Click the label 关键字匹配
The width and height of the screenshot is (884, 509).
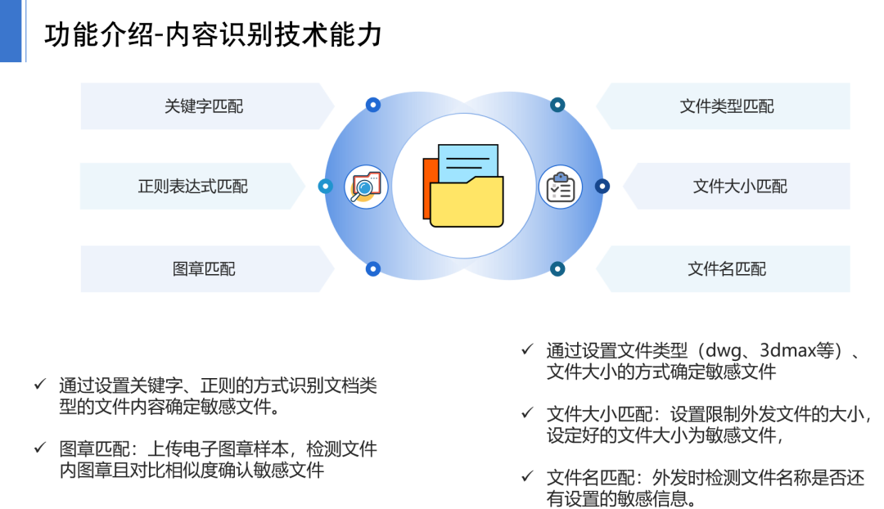[x=204, y=106]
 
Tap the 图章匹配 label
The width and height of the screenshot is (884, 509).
[x=204, y=268]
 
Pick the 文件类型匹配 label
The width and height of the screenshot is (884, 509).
[x=727, y=106]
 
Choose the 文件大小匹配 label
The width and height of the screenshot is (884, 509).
[x=740, y=187]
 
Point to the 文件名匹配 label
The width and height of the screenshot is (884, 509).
[x=727, y=268]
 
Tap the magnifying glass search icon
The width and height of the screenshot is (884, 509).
[x=365, y=187]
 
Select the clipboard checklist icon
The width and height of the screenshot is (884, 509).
[x=561, y=187]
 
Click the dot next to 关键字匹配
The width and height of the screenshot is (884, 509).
[x=373, y=105]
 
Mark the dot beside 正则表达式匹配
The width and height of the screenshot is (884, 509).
[x=325, y=187]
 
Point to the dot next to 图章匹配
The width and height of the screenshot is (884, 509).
[x=373, y=268]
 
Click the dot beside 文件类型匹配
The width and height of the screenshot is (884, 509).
[x=557, y=105]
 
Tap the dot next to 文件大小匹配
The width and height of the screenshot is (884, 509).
[x=602, y=187]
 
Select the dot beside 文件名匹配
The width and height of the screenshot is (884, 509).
[x=557, y=268]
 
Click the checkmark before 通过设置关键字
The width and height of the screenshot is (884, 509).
[x=39, y=383]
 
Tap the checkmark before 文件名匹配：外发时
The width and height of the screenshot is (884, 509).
[x=527, y=476]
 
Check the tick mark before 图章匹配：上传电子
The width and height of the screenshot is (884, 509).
[x=39, y=448]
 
